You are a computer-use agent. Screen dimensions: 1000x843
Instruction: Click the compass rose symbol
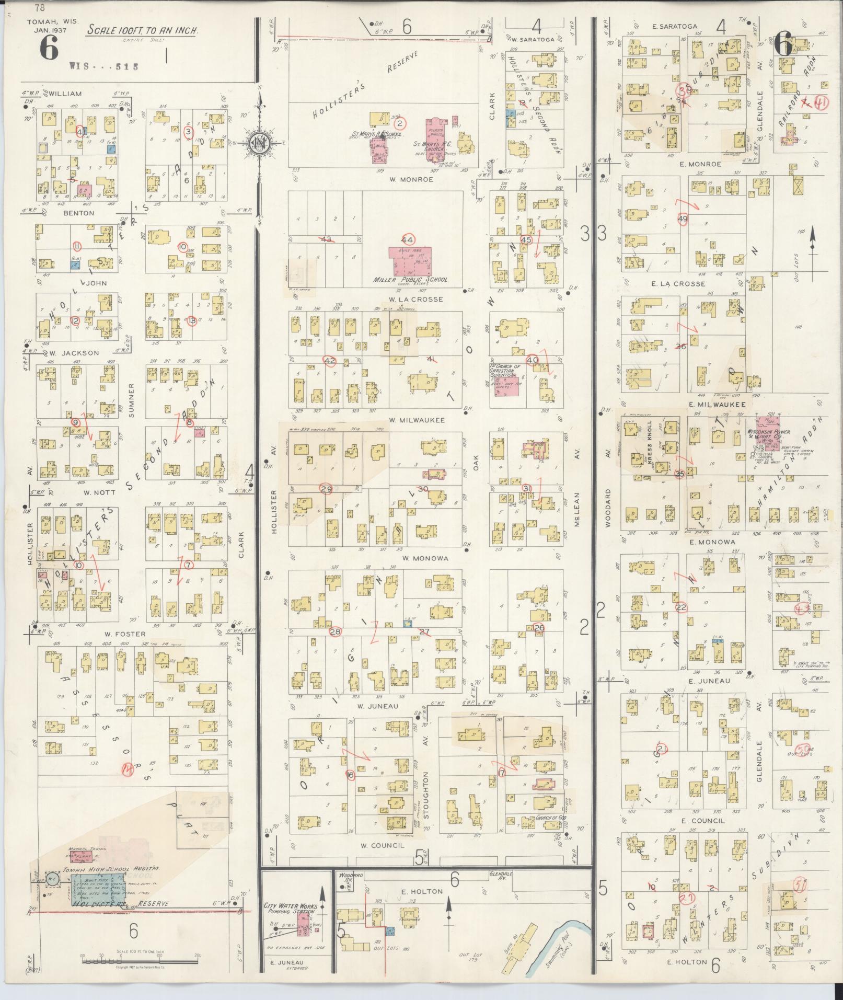tap(258, 143)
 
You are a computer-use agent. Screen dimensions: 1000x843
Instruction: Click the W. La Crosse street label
tap(416, 300)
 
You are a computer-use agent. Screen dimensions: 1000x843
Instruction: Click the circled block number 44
tap(407, 239)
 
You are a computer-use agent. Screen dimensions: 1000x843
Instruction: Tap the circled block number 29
tap(327, 489)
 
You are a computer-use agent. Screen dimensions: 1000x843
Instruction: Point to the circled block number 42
tap(330, 361)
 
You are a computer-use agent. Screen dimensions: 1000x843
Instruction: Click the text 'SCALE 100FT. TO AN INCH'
tap(142, 30)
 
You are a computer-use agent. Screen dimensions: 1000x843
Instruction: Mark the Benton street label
tap(79, 213)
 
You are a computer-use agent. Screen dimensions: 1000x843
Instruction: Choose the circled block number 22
tap(681, 607)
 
